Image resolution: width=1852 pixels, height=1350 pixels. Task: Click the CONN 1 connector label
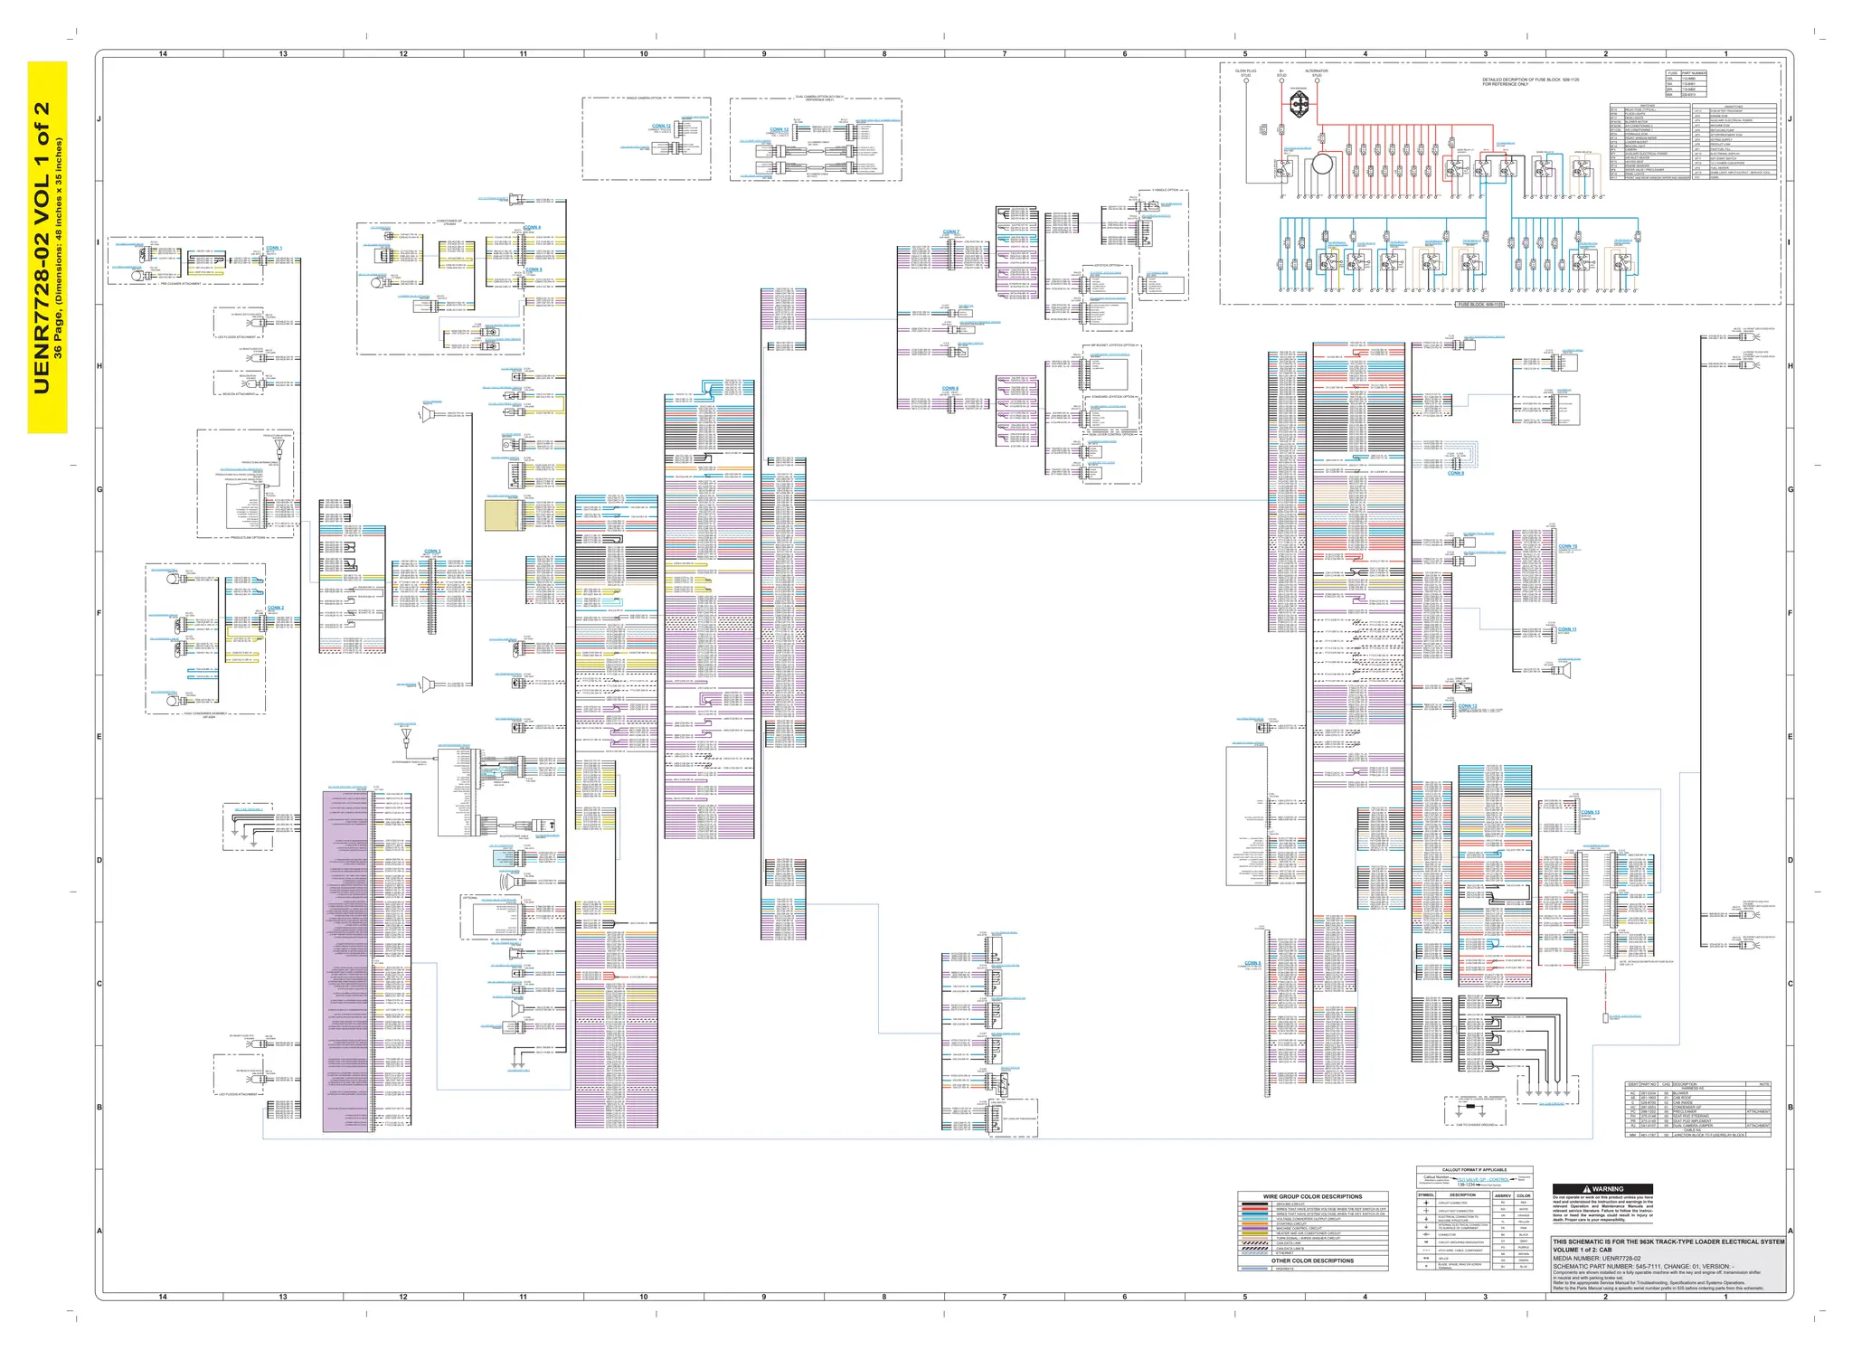(x=273, y=248)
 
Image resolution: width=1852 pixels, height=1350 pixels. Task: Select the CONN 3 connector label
(x=432, y=551)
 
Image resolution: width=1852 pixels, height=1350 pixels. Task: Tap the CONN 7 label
(x=950, y=232)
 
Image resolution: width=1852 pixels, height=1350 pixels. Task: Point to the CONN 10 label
(x=1567, y=546)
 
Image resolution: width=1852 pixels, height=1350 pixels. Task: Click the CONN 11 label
(x=1567, y=629)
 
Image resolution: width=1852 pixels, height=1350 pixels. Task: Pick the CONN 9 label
(x=1455, y=473)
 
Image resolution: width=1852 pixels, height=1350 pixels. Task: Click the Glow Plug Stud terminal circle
(x=1245, y=80)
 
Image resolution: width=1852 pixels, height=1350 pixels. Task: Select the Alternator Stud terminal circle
(x=1317, y=80)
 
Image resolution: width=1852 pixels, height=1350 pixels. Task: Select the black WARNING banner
(x=1602, y=1189)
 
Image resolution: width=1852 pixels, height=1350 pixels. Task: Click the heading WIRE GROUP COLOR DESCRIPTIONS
(x=1312, y=1196)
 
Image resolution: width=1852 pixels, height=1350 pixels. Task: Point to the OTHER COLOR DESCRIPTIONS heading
(x=1312, y=1260)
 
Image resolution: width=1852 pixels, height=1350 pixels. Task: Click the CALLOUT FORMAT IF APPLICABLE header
(x=1474, y=1170)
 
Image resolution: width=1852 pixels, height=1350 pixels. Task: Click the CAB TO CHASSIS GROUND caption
(x=1478, y=1125)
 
